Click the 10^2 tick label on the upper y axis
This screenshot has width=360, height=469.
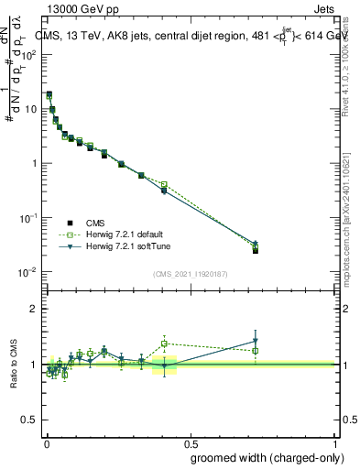point(29,54)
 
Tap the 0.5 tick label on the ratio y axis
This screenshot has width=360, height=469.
point(29,420)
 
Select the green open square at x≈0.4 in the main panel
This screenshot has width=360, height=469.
point(164,184)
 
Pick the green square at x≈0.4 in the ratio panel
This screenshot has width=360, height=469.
point(164,344)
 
